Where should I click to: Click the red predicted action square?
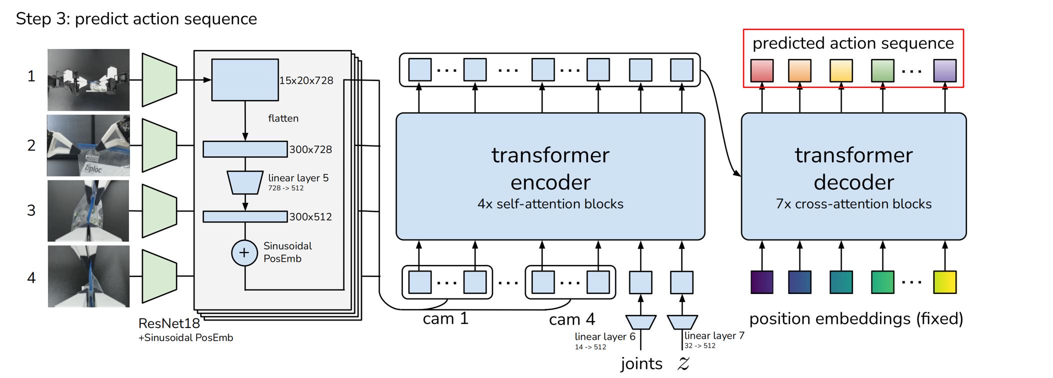(x=762, y=70)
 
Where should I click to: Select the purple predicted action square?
(x=945, y=70)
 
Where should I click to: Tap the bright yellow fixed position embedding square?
(x=945, y=282)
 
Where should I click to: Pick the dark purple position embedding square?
(x=762, y=282)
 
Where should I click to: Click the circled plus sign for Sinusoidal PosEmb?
(x=244, y=253)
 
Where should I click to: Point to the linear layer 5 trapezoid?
(x=245, y=182)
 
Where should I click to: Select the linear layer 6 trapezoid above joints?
(x=640, y=322)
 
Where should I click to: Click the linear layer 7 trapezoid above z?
(x=682, y=322)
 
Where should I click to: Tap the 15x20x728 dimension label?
(x=306, y=80)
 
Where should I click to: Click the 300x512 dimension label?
(x=310, y=217)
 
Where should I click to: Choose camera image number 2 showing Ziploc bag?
(x=88, y=145)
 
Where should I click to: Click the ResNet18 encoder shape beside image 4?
(x=159, y=276)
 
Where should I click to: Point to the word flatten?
(x=283, y=118)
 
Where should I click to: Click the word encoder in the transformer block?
(x=550, y=182)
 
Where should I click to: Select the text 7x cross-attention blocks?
(x=853, y=204)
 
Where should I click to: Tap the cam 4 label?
(x=572, y=319)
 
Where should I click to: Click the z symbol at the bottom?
(x=683, y=363)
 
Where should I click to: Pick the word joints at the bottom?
(x=641, y=363)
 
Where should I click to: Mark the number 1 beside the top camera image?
(x=31, y=76)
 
